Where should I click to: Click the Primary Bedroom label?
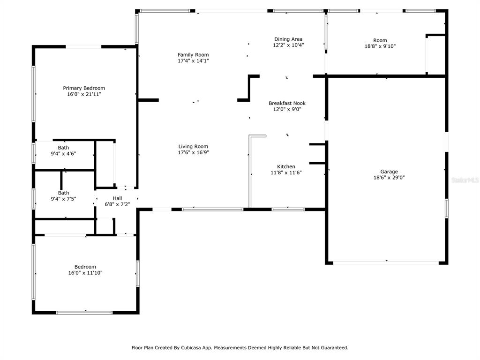point(84,88)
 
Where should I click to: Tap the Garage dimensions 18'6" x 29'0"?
point(389,178)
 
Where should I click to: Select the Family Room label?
point(193,55)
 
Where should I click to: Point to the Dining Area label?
point(288,39)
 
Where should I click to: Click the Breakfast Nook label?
point(287,103)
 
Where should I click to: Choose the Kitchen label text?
point(286,166)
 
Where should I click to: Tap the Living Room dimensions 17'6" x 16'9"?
point(194,152)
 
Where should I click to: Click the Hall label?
point(117,198)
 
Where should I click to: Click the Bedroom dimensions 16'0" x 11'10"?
point(85,273)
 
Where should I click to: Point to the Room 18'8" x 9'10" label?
point(380,43)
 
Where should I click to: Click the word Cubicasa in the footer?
point(191,348)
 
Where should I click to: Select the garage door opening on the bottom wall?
point(386,262)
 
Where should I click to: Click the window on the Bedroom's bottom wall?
point(84,313)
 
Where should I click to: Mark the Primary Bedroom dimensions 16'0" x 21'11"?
point(84,94)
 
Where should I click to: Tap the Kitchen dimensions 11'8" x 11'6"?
point(286,172)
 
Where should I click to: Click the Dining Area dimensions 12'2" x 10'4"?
point(288,45)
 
